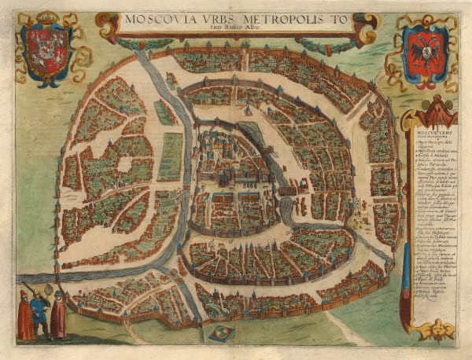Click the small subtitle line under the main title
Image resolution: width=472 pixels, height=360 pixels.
pyautogui.click(x=231, y=30)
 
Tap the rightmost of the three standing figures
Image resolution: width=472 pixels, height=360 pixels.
pyautogui.click(x=58, y=314)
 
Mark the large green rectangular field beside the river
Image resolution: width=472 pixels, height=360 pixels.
pyautogui.click(x=171, y=156)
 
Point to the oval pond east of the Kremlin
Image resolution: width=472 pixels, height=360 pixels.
pyautogui.click(x=286, y=208)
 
